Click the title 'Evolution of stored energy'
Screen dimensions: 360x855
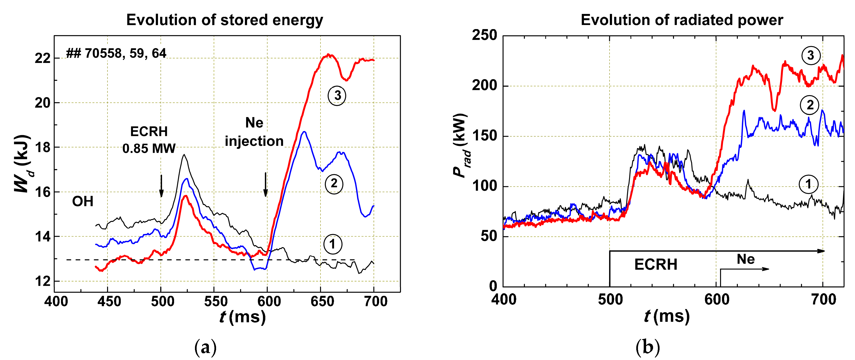[x=225, y=20]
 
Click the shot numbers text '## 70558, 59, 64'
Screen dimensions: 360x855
[x=116, y=53]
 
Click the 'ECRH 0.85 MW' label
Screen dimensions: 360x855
[x=149, y=140]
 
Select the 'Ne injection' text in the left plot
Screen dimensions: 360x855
[x=254, y=132]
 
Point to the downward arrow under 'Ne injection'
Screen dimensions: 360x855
[x=266, y=185]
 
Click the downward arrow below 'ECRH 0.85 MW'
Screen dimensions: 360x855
[x=161, y=186]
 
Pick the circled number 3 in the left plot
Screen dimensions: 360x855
[x=337, y=96]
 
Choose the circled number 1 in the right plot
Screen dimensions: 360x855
[x=808, y=184]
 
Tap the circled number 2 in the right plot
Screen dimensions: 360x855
[x=810, y=105]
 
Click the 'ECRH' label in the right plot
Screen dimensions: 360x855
[x=655, y=265]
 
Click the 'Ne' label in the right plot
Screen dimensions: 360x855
[x=746, y=259]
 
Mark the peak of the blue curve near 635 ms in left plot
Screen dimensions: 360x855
[x=304, y=132]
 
